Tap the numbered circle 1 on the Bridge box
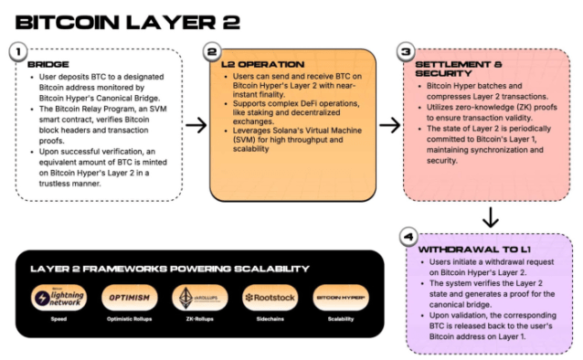pos(19,52)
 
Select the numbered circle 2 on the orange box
pos(213,52)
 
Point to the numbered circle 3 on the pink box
pos(408,52)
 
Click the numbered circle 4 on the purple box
pos(408,235)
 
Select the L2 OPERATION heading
pos(257,65)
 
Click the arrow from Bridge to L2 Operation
pos(194,124)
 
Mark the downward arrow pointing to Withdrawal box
pos(490,217)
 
